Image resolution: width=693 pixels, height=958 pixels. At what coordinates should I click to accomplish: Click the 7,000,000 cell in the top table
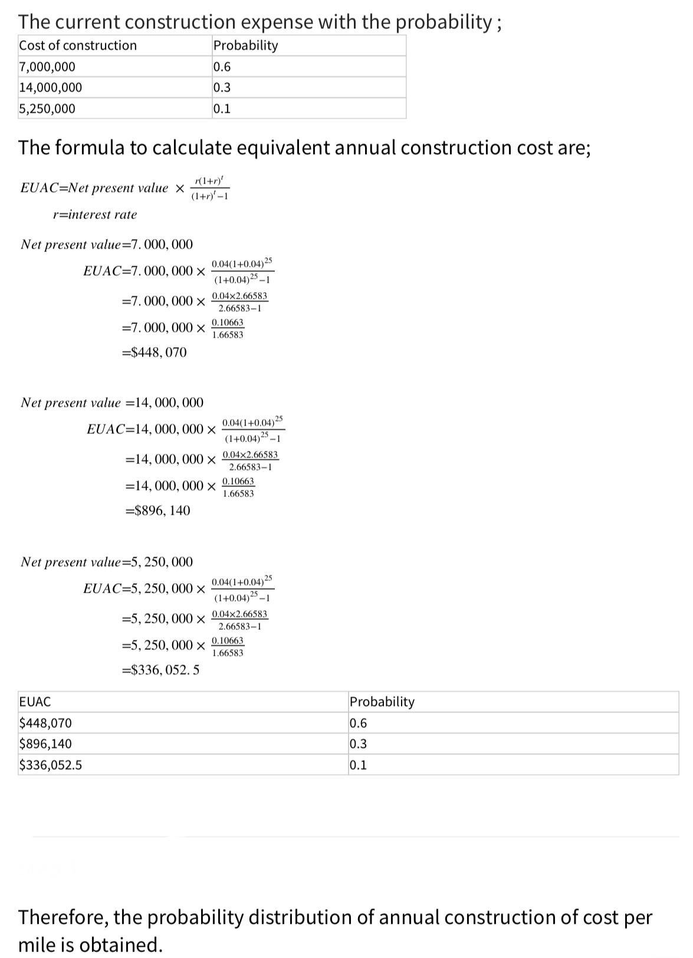point(47,67)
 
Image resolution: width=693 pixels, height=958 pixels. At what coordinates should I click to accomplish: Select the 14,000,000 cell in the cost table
point(51,87)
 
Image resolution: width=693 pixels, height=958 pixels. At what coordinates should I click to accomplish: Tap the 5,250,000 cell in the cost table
point(47,109)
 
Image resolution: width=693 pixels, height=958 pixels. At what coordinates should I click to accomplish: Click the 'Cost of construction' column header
point(78,45)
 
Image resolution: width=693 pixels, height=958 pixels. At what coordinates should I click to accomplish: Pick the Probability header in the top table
point(245,45)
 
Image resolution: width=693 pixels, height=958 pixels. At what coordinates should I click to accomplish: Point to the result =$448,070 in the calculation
point(154,352)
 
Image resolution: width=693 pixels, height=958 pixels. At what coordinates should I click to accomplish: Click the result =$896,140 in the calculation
point(158,511)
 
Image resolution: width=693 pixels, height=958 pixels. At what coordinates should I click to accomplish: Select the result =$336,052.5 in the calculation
point(160,670)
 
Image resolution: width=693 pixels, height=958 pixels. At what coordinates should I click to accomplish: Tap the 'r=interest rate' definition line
point(94,215)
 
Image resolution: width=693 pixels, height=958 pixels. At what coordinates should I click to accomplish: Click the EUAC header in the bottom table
point(35,702)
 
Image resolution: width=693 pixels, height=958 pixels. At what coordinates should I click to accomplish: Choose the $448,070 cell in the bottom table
point(46,723)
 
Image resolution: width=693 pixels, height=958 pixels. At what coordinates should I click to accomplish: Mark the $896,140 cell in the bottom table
point(46,744)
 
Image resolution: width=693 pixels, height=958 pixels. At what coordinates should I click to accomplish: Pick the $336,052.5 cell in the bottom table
point(51,765)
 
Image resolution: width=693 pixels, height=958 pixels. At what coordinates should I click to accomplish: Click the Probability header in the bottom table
point(382,702)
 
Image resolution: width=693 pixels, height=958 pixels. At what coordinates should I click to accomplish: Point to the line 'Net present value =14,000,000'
point(112,403)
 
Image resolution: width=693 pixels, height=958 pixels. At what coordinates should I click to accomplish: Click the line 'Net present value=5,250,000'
point(107,562)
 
